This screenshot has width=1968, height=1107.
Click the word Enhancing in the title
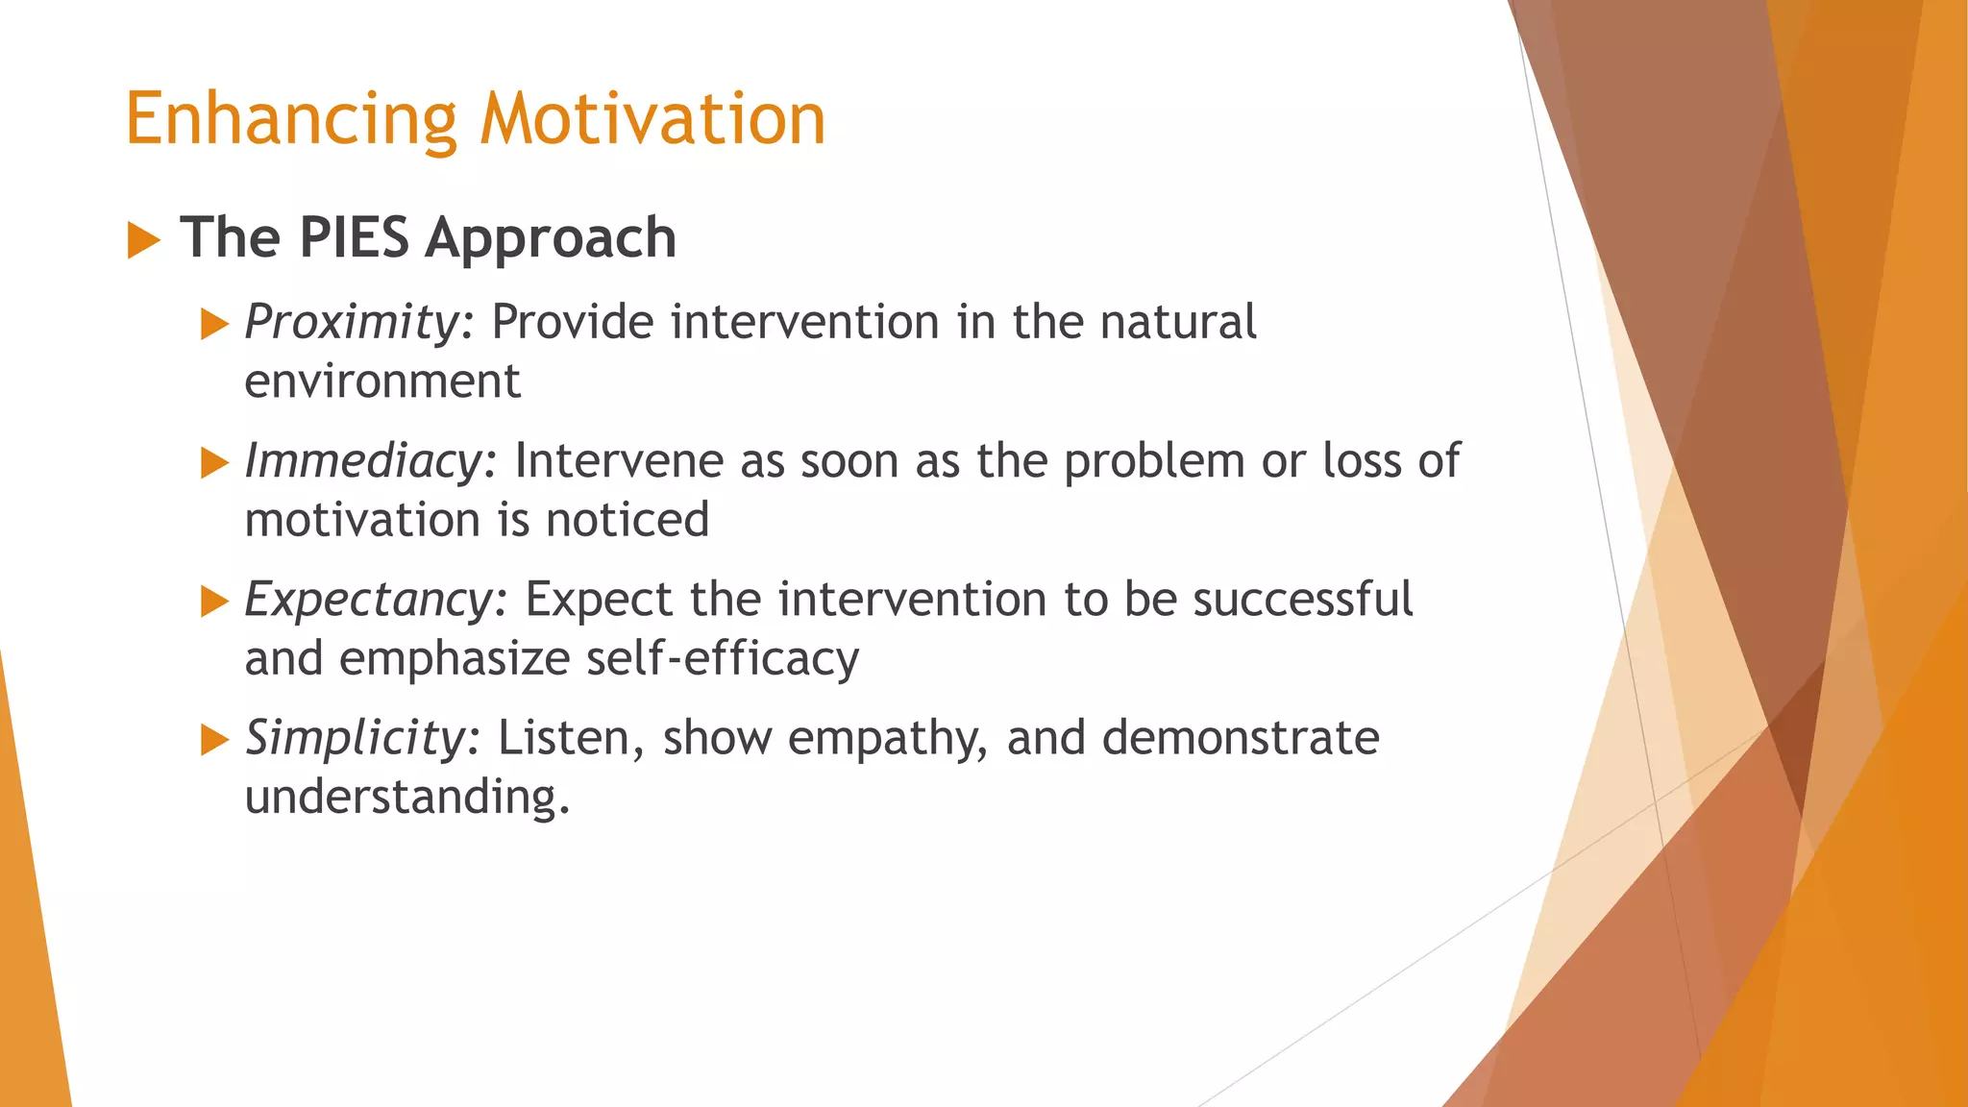291,119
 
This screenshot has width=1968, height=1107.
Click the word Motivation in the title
652,119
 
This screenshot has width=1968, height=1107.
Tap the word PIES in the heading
354,237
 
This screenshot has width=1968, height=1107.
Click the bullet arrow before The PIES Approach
143,239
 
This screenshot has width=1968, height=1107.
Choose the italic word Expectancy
368,600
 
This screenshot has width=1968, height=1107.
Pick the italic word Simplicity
355,738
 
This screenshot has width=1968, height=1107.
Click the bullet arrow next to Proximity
213,325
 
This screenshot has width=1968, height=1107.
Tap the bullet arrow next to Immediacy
213,463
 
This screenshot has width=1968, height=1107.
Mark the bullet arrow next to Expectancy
213,603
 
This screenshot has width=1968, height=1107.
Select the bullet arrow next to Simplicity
213,741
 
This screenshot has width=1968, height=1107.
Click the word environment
382,381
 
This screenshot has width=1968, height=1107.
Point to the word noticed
627,520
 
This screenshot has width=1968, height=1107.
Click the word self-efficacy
723,659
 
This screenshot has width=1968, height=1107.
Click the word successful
1302,600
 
